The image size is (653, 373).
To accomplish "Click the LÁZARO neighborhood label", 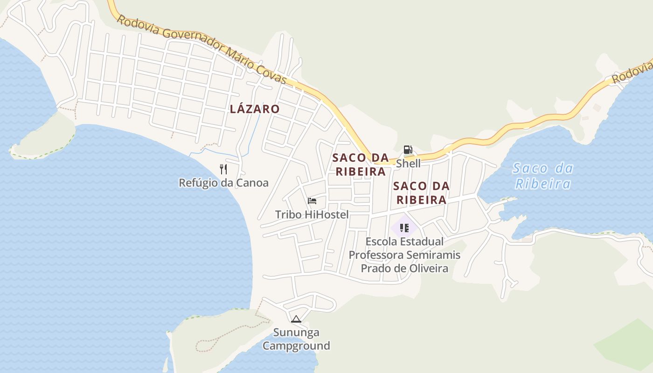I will click(255, 109).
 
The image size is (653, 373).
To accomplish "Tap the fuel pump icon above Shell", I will click(408, 150).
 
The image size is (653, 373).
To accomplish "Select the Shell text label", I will click(408, 164).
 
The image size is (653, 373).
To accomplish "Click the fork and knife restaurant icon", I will click(223, 169).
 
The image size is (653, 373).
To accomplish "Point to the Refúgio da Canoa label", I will click(224, 183).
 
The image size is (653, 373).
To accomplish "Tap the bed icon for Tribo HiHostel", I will click(312, 201).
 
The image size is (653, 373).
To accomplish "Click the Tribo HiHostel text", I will click(312, 214).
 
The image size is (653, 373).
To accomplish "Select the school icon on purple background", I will click(404, 228).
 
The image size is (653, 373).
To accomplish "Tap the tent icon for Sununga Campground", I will click(296, 319).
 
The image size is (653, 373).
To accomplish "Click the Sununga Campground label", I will click(296, 339).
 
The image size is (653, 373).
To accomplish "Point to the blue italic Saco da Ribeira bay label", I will click(543, 175).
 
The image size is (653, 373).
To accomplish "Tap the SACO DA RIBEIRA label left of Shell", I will click(361, 165).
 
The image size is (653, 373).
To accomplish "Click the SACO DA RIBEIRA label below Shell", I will click(421, 193).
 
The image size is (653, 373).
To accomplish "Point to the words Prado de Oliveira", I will click(404, 269).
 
